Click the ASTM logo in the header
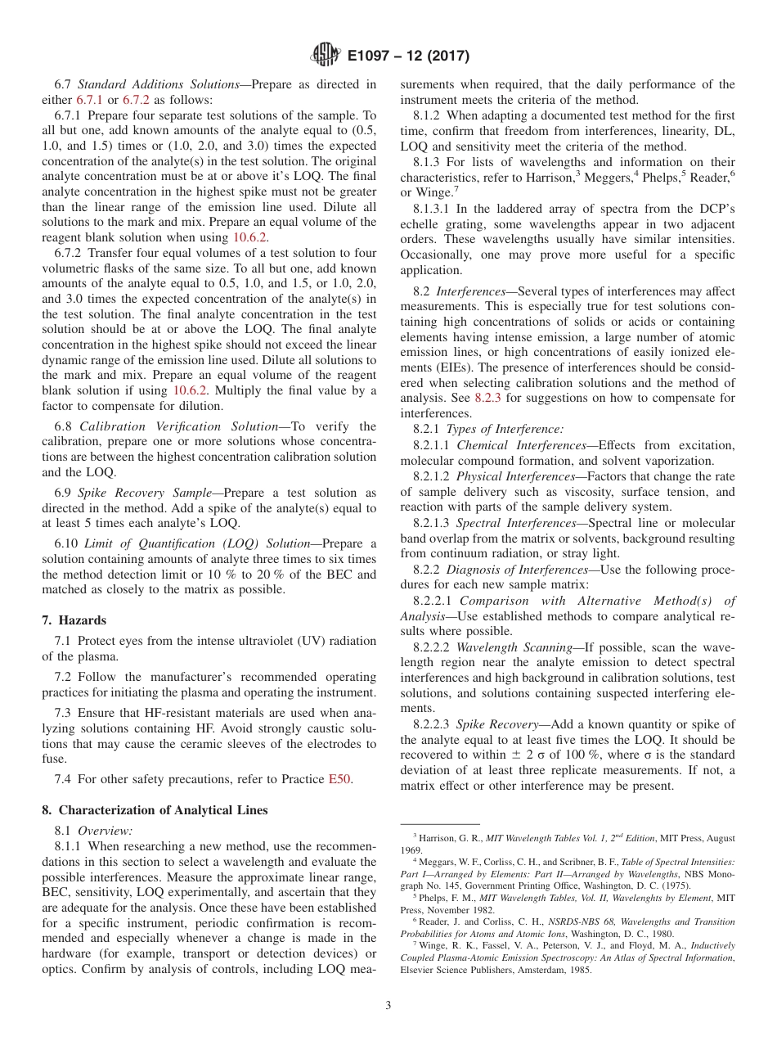pyautogui.click(x=325, y=56)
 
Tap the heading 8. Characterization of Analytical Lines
pyautogui.click(x=155, y=810)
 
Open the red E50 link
pyautogui.click(x=339, y=779)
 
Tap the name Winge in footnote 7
pyautogui.click(x=438, y=947)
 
